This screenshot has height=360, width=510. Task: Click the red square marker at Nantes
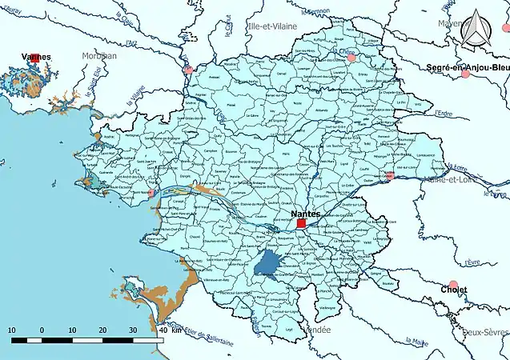(301, 225)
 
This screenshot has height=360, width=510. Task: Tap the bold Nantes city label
(306, 214)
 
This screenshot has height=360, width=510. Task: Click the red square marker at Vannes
(35, 58)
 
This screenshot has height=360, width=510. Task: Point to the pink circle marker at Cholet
(454, 286)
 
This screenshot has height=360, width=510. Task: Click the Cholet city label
(453, 301)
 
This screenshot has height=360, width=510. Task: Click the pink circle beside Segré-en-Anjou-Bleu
(465, 74)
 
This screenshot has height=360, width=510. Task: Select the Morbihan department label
(98, 56)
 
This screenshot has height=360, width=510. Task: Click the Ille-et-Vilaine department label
(272, 26)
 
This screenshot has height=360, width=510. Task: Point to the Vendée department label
(313, 329)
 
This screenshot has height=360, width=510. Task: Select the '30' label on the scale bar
(132, 330)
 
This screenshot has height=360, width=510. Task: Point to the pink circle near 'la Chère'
(351, 58)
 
